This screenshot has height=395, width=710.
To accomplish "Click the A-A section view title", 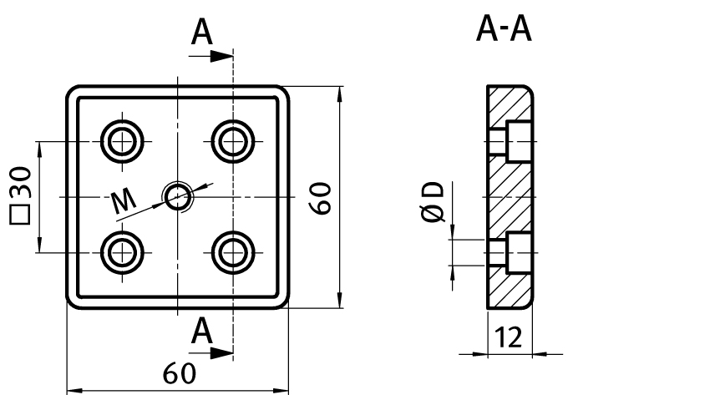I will click(x=505, y=30).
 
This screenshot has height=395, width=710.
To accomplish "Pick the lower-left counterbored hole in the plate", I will click(x=122, y=251).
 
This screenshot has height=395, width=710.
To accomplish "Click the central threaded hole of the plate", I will click(x=177, y=196).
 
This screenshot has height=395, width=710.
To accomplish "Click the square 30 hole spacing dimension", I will click(x=20, y=195).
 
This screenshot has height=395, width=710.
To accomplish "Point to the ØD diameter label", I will click(x=433, y=203).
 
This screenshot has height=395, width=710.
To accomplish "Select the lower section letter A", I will click(x=200, y=331).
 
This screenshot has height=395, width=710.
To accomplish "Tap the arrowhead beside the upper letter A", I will click(x=221, y=56).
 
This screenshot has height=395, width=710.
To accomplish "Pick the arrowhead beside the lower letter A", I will click(x=221, y=352).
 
